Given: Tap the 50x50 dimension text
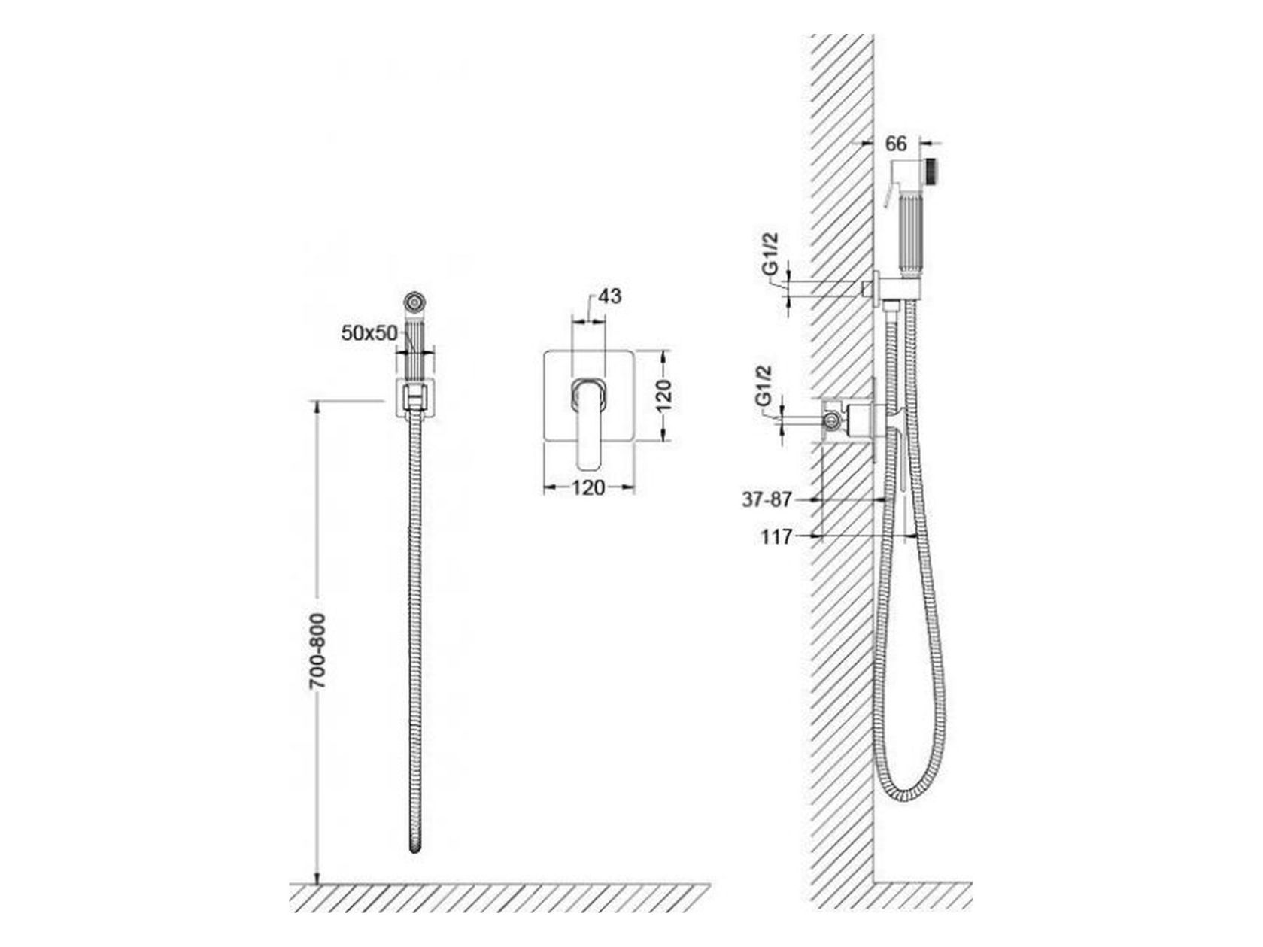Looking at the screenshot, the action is click(x=369, y=333).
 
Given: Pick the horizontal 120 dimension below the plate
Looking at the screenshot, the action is click(x=589, y=488).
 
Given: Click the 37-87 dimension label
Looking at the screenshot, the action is click(x=767, y=500).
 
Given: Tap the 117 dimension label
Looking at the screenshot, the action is click(x=777, y=537).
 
